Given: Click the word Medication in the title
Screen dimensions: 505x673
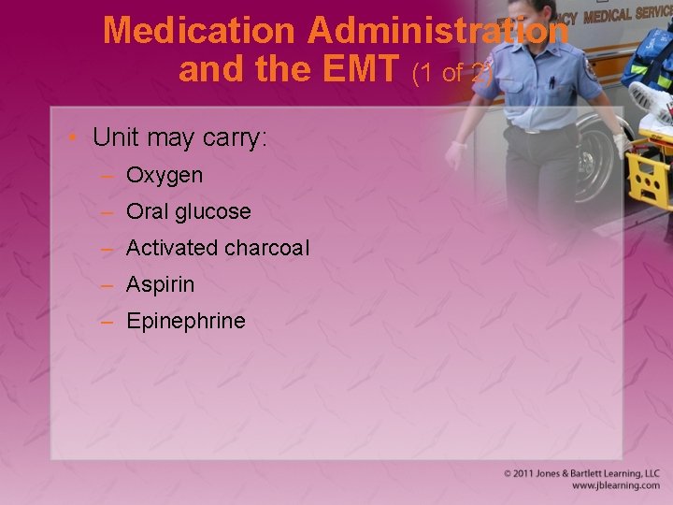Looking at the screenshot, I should click(x=199, y=31).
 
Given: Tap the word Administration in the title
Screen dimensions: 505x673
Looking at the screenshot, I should click(x=437, y=31).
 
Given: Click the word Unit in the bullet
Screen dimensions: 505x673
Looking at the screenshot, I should click(x=115, y=137).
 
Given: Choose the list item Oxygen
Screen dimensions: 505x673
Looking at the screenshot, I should click(x=164, y=175).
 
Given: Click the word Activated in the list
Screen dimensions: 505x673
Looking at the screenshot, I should click(x=171, y=248).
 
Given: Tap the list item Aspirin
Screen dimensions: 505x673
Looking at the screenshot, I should click(x=160, y=284).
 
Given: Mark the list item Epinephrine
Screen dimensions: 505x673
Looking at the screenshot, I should click(x=185, y=321).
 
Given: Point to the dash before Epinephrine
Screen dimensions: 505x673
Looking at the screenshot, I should click(x=108, y=321).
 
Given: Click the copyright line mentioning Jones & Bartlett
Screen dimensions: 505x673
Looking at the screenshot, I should click(x=581, y=474).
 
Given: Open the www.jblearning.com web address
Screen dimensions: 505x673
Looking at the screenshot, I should click(x=615, y=486).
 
